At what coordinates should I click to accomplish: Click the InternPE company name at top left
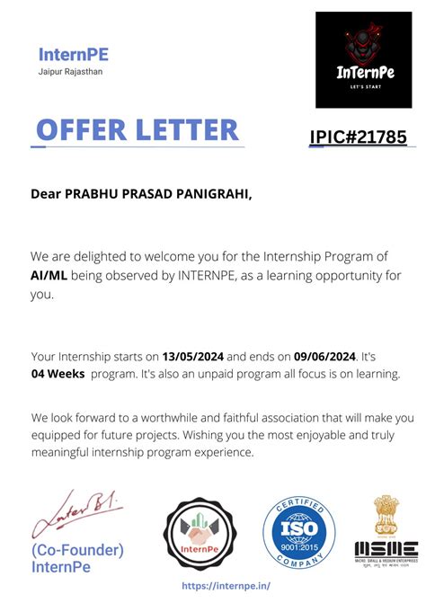(x=73, y=55)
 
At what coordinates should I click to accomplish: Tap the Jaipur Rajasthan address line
(x=70, y=72)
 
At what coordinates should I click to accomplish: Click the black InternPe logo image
(x=363, y=60)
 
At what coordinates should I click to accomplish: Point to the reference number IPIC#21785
(x=358, y=137)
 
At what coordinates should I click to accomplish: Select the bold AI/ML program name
(x=49, y=275)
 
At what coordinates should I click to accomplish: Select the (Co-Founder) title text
(x=77, y=549)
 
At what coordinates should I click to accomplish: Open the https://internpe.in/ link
(x=226, y=585)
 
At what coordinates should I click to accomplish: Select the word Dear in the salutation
(x=47, y=193)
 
